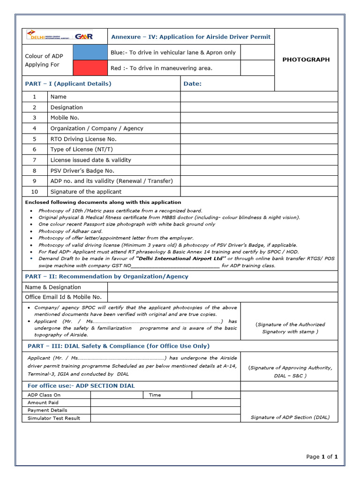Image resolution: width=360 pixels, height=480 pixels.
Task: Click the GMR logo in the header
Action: (84, 36)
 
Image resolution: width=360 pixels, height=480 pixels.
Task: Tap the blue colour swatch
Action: (90, 52)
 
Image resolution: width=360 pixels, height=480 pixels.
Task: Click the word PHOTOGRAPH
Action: (306, 60)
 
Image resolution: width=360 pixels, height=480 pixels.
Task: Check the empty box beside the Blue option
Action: (257, 52)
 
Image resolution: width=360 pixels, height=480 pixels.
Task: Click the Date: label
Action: (193, 83)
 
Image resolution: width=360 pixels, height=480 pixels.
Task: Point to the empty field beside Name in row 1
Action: (259, 97)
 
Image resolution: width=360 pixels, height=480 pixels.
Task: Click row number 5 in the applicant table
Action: (34, 139)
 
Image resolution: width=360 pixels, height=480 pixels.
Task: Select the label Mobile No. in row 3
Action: (65, 118)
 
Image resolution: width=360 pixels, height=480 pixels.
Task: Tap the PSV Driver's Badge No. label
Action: (82, 171)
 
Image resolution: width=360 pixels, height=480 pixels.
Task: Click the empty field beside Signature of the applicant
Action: (259, 191)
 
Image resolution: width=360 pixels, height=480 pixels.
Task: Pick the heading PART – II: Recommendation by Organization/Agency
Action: (106, 276)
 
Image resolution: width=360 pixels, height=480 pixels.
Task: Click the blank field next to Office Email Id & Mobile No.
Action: (222, 297)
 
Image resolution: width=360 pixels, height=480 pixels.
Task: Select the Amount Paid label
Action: (43, 402)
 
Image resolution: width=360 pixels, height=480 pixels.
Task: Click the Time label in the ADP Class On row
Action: (155, 395)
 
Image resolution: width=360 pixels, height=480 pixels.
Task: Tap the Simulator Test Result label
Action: (54, 418)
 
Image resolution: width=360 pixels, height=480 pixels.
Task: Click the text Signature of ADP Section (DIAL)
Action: (290, 417)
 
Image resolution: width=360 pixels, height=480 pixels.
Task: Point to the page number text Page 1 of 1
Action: (322, 457)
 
